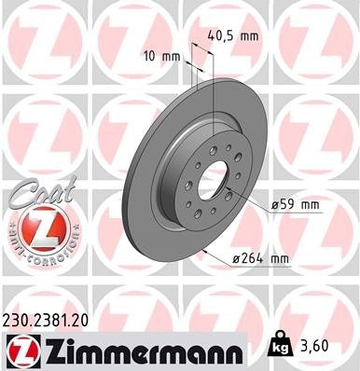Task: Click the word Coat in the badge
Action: (x=35, y=192)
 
